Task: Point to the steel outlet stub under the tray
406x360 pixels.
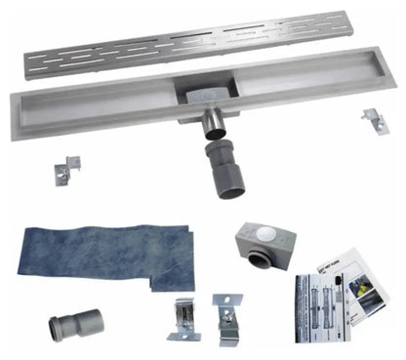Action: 212,125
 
